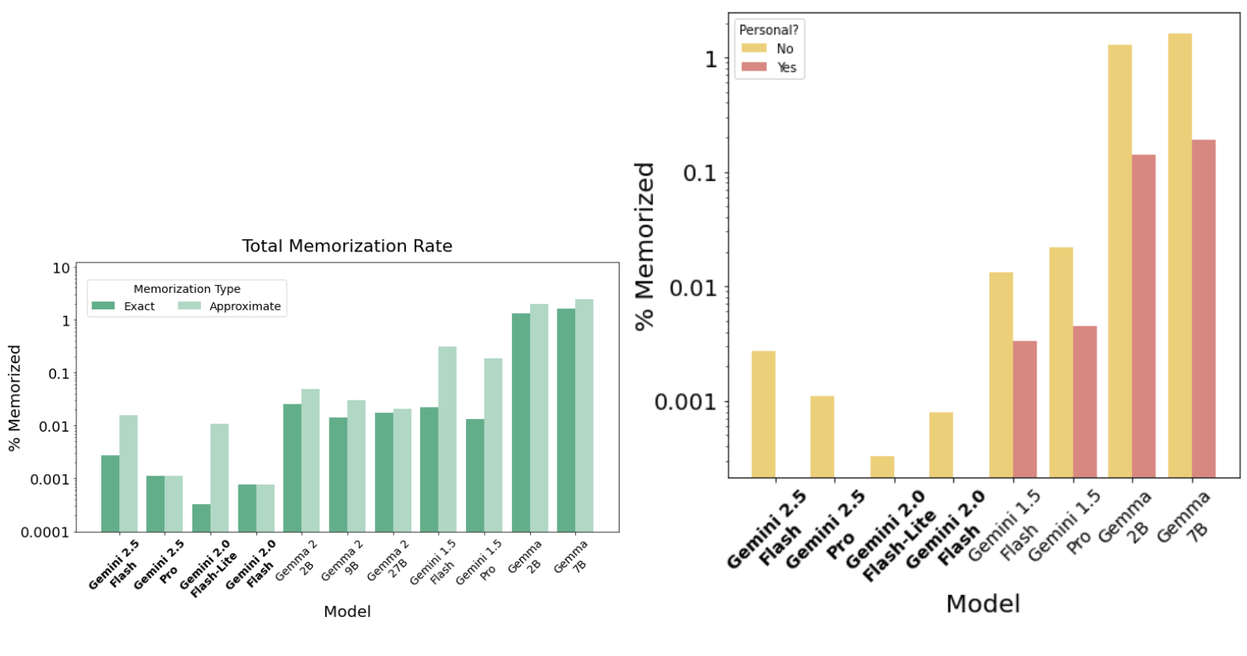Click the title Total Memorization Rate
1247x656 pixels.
(347, 246)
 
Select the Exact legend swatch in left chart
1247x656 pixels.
(103, 305)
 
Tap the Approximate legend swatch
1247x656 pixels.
(189, 305)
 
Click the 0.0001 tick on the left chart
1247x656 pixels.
(45, 532)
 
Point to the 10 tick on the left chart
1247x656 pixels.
(62, 268)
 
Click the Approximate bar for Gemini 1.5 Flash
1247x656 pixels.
(447, 439)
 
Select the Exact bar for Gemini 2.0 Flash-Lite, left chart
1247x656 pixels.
(201, 518)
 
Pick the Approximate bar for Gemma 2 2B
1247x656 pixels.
(311, 460)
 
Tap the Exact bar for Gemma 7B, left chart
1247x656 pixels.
(566, 420)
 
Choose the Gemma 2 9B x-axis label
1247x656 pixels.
(343, 560)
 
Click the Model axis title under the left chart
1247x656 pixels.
(347, 612)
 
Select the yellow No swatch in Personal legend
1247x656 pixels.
(754, 48)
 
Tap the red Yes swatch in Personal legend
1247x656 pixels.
(754, 67)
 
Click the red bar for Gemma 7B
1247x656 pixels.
(1203, 309)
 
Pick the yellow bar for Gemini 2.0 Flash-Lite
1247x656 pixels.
(882, 467)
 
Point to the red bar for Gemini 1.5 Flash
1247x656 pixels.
(1025, 409)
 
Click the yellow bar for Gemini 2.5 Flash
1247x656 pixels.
(763, 414)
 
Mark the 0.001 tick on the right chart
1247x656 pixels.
(685, 402)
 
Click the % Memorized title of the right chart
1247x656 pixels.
(645, 246)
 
